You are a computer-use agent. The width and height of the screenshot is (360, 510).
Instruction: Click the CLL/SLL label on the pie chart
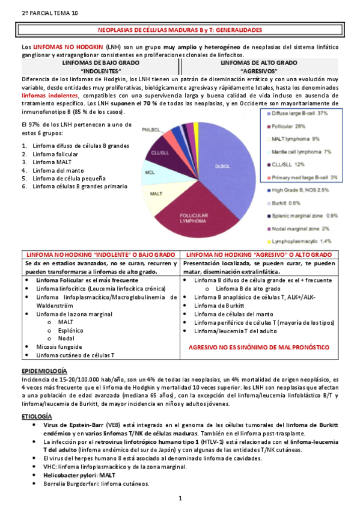coord(159,153)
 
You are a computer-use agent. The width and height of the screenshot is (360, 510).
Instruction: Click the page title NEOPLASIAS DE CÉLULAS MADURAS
coord(180,29)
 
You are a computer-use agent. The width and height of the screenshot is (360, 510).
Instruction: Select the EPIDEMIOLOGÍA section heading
coord(44,371)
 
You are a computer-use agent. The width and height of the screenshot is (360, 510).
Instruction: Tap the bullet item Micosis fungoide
coord(59,347)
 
